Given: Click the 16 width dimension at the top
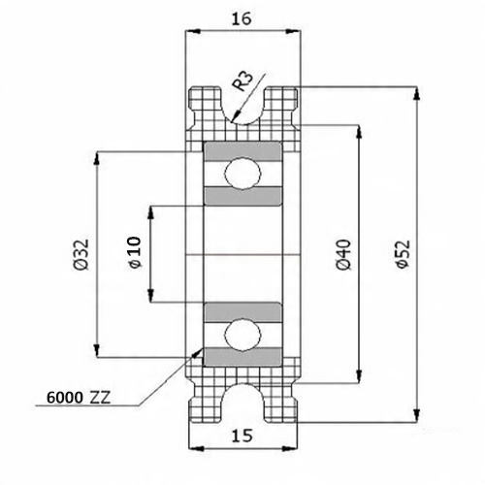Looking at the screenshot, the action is coord(242,19).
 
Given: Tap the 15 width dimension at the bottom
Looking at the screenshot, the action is coord(242,436).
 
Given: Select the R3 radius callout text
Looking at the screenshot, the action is coord(242,81).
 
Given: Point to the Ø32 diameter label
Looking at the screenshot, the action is coord(81,255).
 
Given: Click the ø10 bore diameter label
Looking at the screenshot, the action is coord(135,253).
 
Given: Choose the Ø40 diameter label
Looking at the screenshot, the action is coord(343,255).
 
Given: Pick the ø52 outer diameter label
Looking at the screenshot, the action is coord(403,254).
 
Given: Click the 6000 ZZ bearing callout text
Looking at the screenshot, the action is coord(79,398).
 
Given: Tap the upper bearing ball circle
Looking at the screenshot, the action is coord(242,174).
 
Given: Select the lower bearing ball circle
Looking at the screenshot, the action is coord(242,336).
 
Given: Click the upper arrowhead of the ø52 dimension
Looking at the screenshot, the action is coord(417,94).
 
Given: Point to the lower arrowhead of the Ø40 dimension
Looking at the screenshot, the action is coord(358,376).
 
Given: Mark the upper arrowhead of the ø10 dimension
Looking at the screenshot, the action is coord(150,212).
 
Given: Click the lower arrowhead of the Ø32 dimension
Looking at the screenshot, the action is coord(97,351).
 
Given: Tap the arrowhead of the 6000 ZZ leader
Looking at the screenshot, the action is coord(197,353).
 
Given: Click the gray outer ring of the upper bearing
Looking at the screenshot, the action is coord(242,151).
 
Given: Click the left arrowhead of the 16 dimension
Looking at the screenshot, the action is coord(192,31).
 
